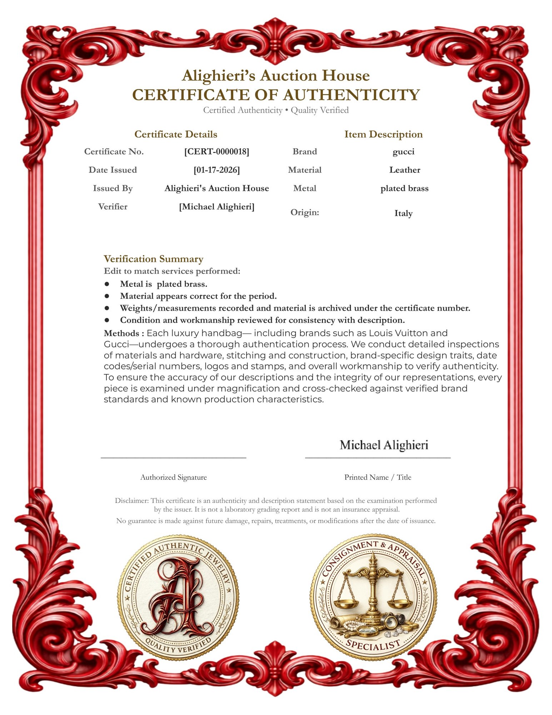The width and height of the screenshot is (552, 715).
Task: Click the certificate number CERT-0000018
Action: coord(217,152)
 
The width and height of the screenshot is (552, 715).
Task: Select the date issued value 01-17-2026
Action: coord(217,170)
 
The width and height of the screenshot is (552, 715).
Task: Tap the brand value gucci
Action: coord(403,152)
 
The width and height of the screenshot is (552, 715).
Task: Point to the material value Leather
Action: coord(404,170)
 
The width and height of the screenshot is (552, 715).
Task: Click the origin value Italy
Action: coord(403,213)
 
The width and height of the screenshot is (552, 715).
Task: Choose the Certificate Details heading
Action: coord(176,134)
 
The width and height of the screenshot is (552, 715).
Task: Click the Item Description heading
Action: coord(383,134)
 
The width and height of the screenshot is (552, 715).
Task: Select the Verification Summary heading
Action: coord(153,259)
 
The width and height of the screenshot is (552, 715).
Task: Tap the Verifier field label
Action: coord(113,207)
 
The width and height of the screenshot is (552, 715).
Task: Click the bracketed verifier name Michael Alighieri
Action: coord(217,207)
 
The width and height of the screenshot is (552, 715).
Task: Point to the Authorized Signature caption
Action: coord(173,477)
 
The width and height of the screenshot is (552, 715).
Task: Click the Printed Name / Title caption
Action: coord(378,477)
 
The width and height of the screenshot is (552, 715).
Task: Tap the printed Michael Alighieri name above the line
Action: coord(384,445)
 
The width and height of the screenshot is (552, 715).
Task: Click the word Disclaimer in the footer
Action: coord(131,501)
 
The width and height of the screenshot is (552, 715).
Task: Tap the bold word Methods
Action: coord(124,334)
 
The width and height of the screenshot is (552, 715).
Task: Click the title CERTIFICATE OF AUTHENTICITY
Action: coord(276,95)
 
